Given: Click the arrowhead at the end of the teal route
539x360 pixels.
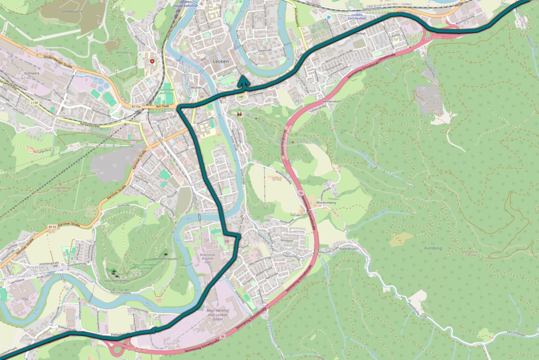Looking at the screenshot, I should (x=243, y=81).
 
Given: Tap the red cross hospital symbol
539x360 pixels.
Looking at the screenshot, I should (x=151, y=61).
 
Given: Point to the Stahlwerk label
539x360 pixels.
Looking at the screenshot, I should (x=32, y=73).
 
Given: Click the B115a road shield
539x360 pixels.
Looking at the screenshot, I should (x=136, y=106).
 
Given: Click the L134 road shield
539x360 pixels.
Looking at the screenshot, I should (x=35, y=103).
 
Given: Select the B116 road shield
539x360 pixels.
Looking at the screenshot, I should (x=52, y=227).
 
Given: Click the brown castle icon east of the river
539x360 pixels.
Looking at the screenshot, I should (x=239, y=114).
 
